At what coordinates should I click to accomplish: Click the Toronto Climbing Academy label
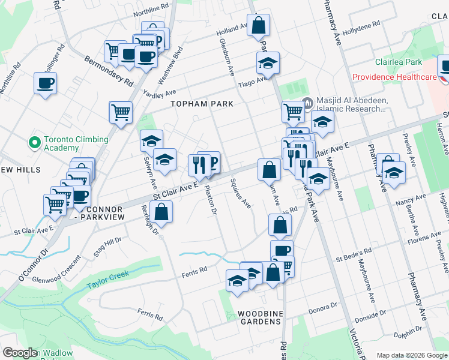pos(76,143)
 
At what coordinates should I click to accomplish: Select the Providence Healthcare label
pos(394,77)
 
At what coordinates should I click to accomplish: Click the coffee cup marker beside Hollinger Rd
pos(46,83)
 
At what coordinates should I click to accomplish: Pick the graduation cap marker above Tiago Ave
pos(268,63)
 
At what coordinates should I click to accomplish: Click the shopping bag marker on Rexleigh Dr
pos(161,212)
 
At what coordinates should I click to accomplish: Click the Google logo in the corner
pos(20,353)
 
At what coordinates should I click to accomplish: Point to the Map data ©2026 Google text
pos(412,355)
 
